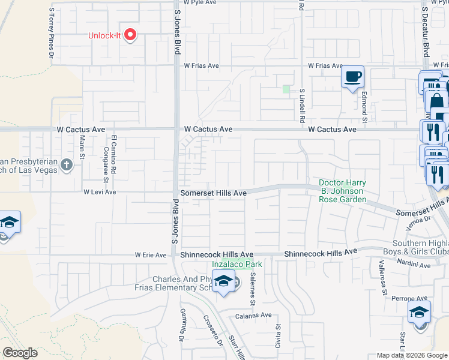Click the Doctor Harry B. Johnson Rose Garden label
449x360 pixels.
click(x=342, y=191)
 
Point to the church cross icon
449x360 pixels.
click(x=66, y=164)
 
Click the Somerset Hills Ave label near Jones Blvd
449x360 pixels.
click(x=214, y=193)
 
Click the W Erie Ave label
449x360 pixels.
click(x=151, y=255)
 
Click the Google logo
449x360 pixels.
click(x=20, y=353)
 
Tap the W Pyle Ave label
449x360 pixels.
click(x=200, y=2)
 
